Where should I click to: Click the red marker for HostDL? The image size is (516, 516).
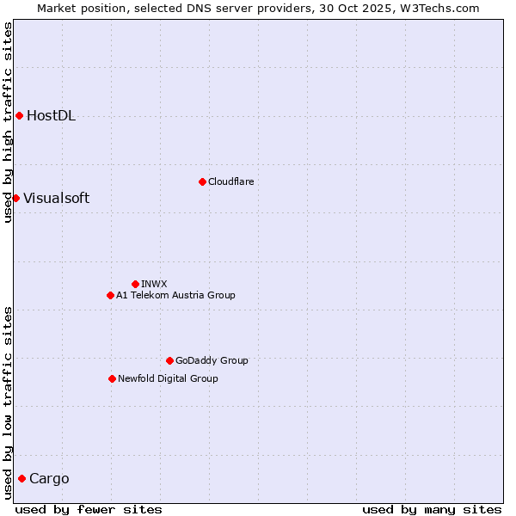[x=19, y=115]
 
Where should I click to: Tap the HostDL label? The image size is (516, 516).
[x=51, y=116]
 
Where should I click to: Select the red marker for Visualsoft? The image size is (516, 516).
[x=15, y=198]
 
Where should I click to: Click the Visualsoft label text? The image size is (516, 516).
[x=56, y=198]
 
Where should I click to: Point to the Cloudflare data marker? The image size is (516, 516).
[x=202, y=181]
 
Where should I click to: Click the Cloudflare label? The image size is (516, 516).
[x=230, y=181]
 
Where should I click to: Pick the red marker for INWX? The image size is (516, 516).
[x=135, y=284]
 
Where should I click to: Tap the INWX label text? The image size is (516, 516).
[x=154, y=284]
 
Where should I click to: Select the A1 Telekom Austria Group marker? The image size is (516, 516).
[x=110, y=295]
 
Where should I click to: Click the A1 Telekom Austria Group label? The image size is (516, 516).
[x=175, y=295]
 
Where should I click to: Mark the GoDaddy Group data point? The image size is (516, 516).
[x=169, y=360]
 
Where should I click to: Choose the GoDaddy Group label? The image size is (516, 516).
[x=212, y=360]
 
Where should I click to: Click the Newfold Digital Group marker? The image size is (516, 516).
[x=112, y=378]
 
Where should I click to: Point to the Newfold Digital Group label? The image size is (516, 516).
[x=168, y=378]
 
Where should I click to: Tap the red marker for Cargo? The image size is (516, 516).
[x=21, y=478]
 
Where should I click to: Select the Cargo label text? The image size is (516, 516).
[x=49, y=479]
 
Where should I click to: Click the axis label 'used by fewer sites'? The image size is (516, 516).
[x=89, y=509]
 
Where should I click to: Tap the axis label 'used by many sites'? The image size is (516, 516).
[x=432, y=509]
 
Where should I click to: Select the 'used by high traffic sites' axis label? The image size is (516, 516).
[x=8, y=122]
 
